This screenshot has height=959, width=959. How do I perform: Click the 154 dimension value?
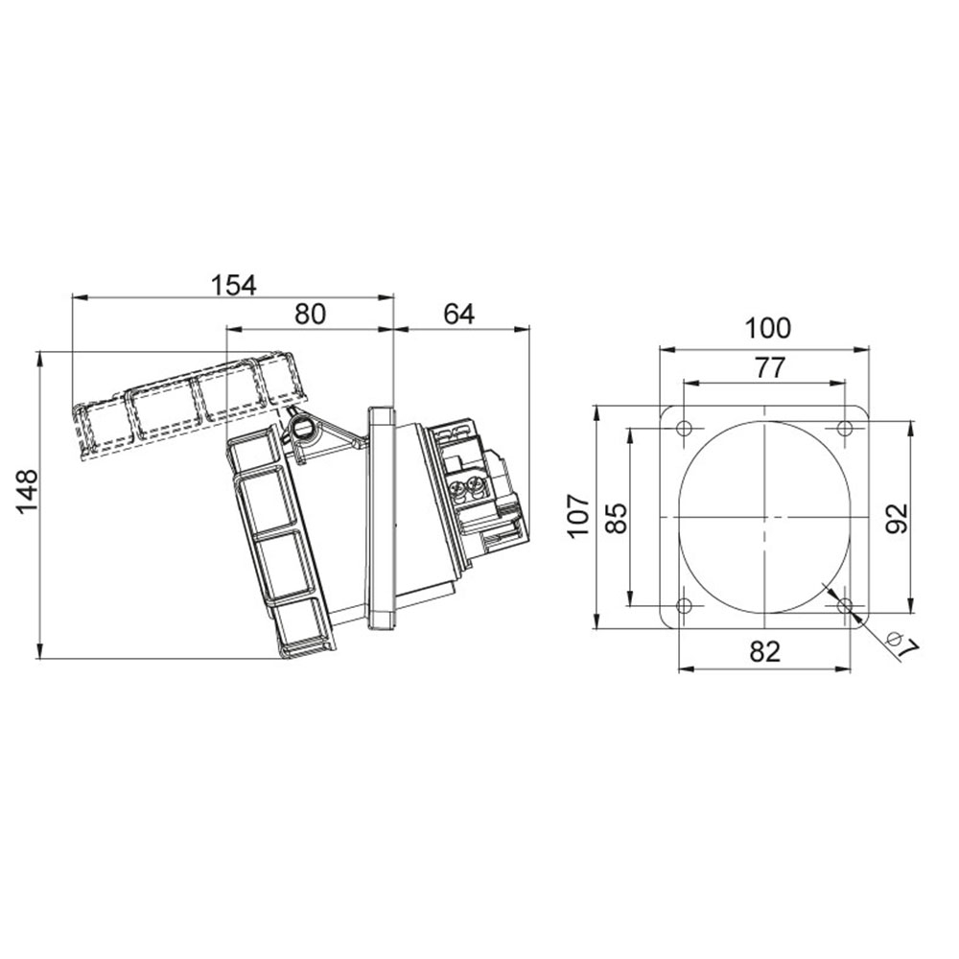pos(234,285)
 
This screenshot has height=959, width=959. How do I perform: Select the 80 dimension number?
pos(311,314)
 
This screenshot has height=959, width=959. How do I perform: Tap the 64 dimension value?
pos(458,314)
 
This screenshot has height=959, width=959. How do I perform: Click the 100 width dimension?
pos(767,328)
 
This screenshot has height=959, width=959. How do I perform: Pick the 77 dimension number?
pos(769,368)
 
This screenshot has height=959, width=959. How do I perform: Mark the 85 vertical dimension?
pos(617,519)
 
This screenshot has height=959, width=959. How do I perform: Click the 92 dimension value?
pos(898,519)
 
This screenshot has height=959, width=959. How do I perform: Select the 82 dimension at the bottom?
pos(765,652)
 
